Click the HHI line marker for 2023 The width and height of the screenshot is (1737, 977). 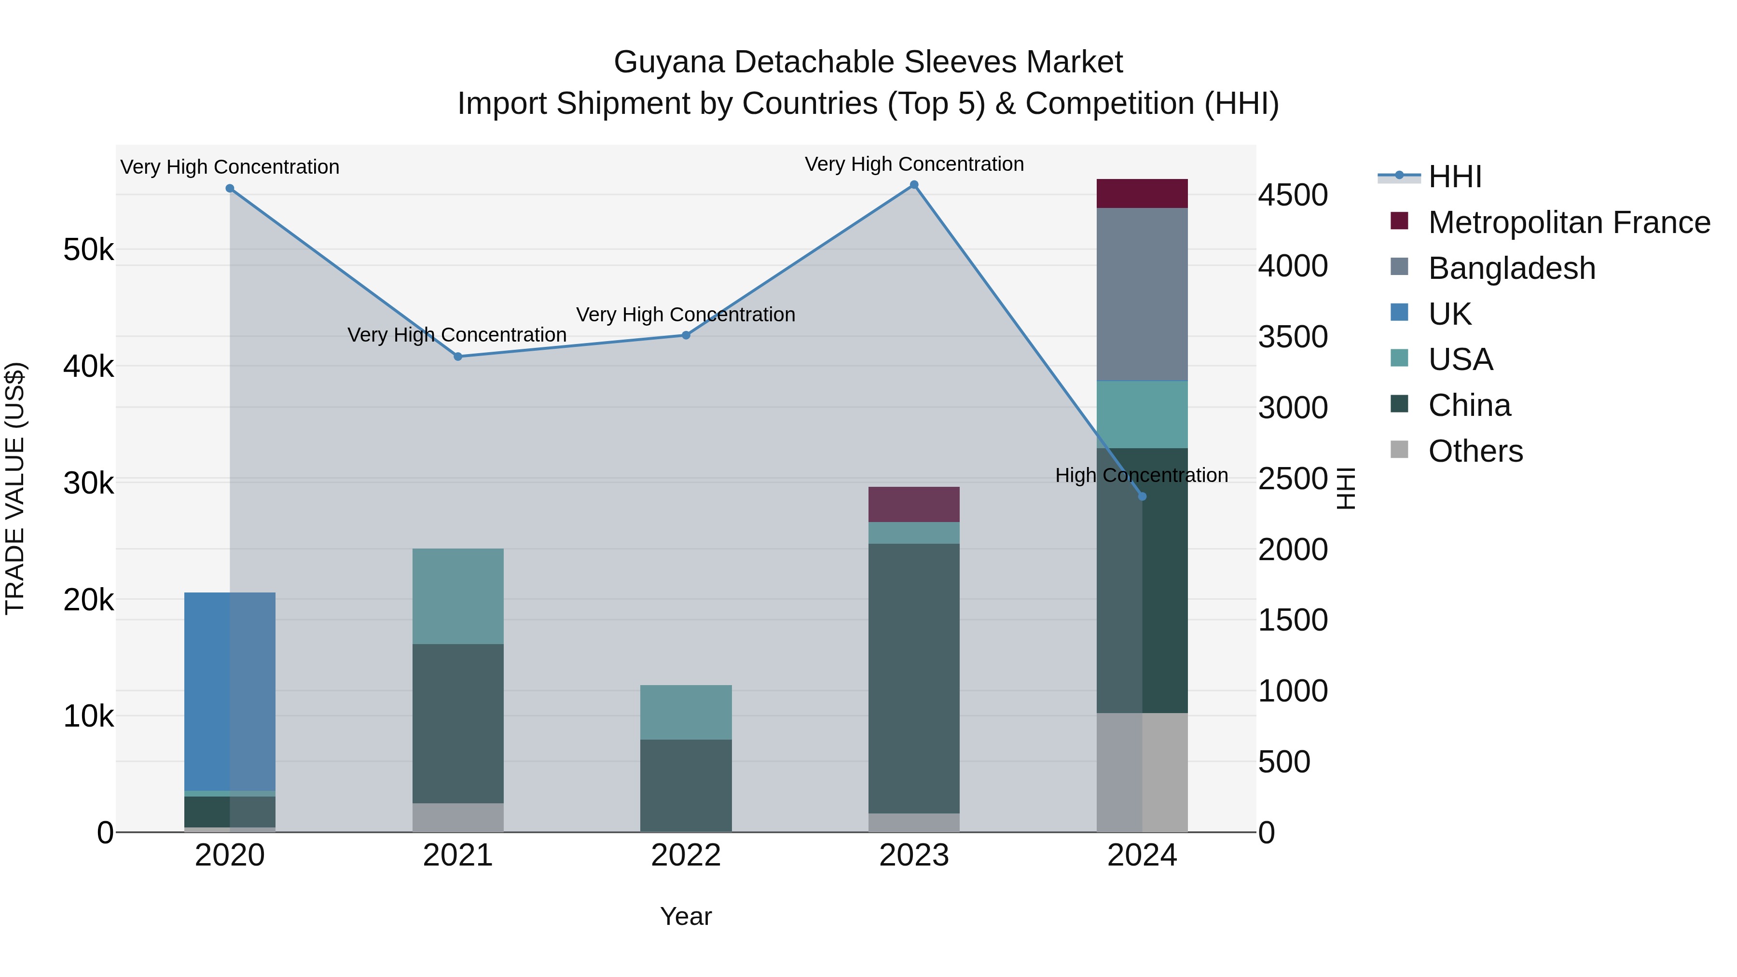click(914, 185)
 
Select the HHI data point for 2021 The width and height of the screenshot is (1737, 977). click(458, 357)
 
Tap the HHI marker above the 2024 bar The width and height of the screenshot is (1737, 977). click(1142, 497)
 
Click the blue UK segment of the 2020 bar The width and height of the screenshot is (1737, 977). click(229, 691)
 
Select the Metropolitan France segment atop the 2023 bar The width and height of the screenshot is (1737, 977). click(914, 504)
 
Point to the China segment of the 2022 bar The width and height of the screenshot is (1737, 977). click(686, 785)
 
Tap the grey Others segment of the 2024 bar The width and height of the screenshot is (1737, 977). click(1142, 772)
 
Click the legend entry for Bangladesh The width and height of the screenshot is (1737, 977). click(1511, 268)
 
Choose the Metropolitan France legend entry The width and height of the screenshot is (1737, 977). click(1569, 222)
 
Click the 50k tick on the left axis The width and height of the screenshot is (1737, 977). click(88, 250)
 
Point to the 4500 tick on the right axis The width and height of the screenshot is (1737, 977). click(1293, 195)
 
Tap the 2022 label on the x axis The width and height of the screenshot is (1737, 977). click(686, 855)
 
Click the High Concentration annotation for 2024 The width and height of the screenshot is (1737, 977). click(1141, 475)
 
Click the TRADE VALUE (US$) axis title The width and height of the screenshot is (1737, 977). click(15, 488)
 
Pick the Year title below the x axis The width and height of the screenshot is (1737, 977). click(686, 916)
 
